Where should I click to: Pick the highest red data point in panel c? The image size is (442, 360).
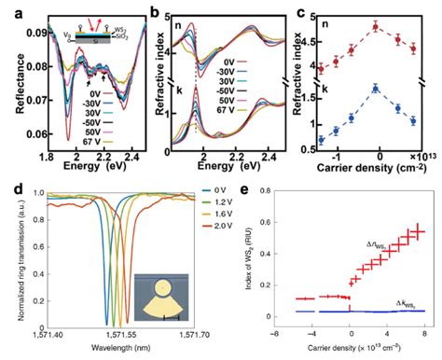point(375,26)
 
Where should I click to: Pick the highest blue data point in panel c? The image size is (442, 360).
point(375,89)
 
